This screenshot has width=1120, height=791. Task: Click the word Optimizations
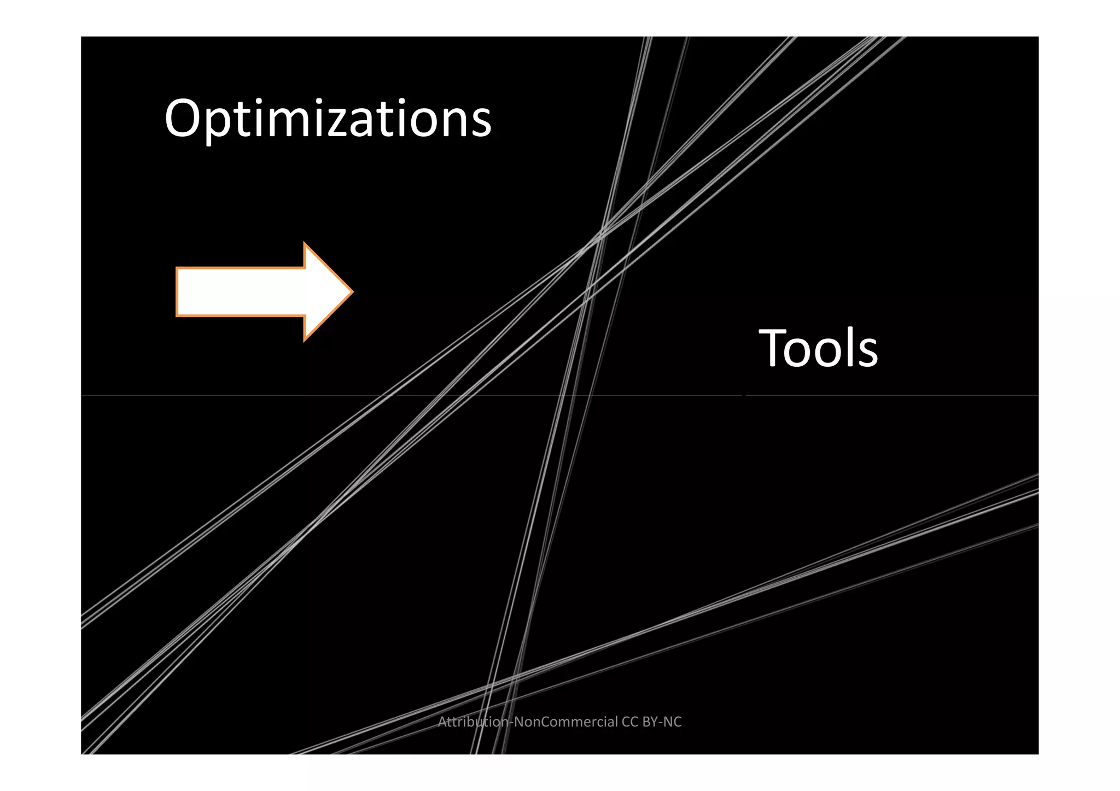[x=328, y=119]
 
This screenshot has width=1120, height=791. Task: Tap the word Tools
[x=818, y=348]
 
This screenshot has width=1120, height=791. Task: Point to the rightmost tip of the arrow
[x=352, y=292]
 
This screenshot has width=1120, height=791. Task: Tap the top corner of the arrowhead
[x=305, y=244]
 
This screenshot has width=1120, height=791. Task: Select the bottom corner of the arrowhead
[x=305, y=340]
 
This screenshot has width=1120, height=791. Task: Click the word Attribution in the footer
[x=474, y=722]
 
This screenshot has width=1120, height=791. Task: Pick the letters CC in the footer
[x=630, y=722]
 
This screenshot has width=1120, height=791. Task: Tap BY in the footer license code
[x=650, y=722]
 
